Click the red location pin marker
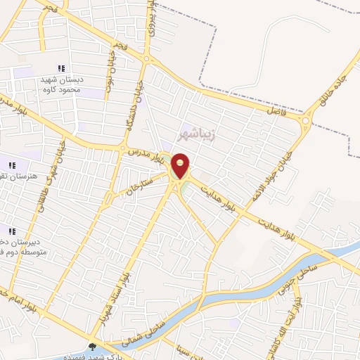181,165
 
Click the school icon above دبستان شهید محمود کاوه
61,68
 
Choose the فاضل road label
277,111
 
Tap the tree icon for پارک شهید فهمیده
92,347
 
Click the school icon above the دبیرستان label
11,230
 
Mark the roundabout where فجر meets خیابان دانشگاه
146,59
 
